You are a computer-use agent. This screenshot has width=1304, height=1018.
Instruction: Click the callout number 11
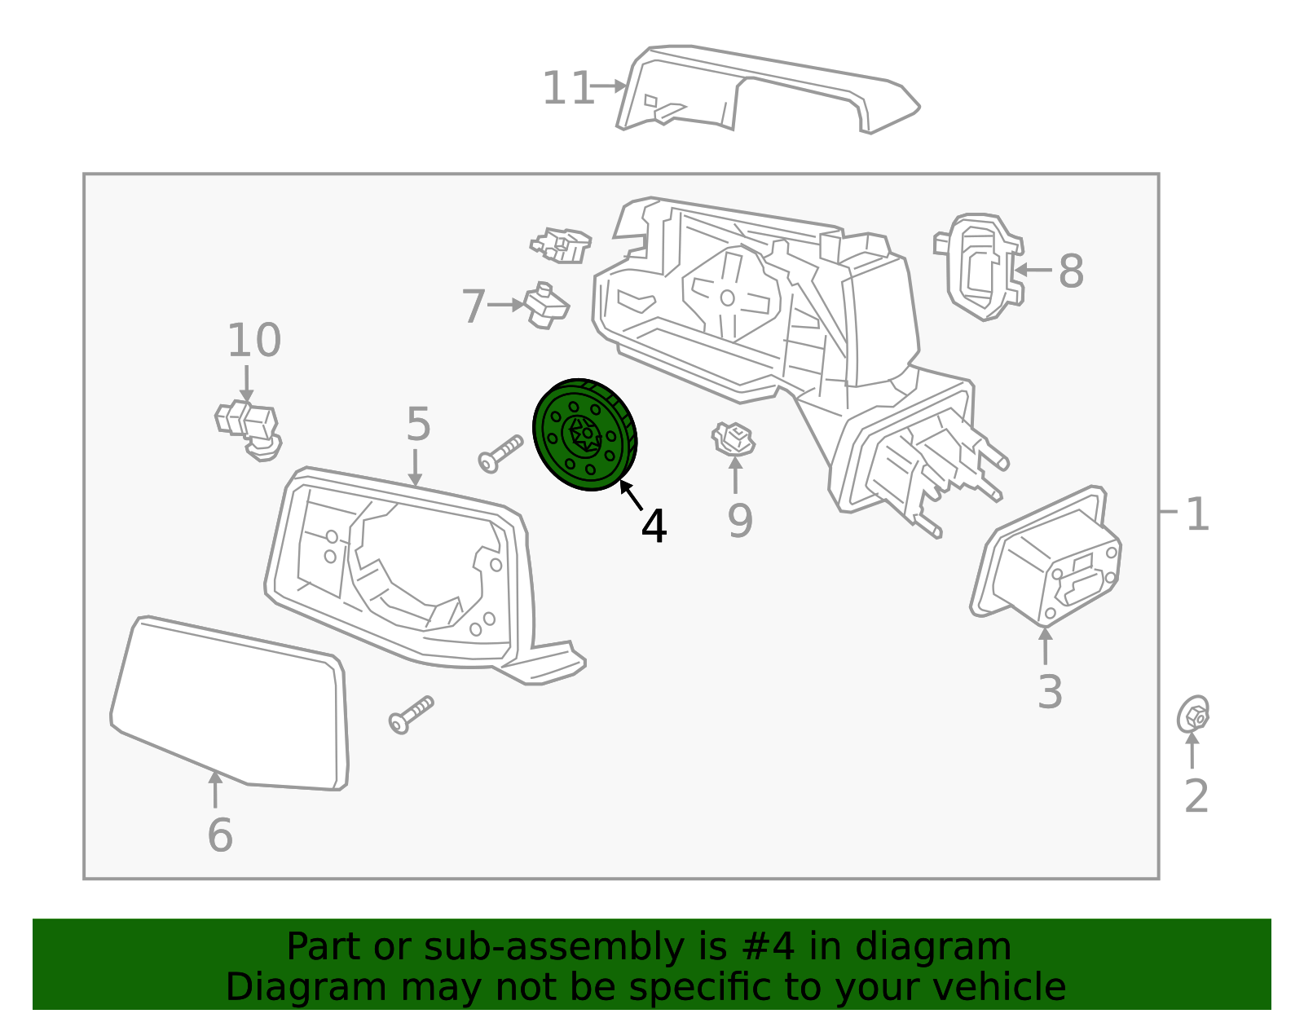(568, 88)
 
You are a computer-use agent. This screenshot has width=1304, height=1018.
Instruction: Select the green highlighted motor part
(584, 434)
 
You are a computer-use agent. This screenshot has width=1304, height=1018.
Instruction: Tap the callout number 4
(654, 527)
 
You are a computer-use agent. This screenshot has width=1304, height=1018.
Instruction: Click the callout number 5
(418, 425)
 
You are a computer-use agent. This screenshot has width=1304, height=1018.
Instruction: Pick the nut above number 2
(1194, 716)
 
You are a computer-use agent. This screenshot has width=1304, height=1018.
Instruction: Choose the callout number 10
(254, 340)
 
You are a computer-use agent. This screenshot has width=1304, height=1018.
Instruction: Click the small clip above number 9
(733, 439)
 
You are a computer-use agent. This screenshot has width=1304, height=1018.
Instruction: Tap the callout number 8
(1071, 271)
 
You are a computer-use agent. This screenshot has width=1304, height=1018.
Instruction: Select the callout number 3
(1050, 692)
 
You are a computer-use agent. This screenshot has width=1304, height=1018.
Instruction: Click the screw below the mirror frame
(411, 715)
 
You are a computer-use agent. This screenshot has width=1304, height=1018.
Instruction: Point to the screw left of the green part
(500, 453)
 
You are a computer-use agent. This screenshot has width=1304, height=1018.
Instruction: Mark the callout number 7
(474, 306)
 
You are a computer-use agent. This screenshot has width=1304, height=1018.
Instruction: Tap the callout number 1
(1196, 515)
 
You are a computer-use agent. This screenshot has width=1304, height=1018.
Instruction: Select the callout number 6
(220, 835)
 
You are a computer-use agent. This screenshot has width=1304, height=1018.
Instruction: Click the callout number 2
(1196, 796)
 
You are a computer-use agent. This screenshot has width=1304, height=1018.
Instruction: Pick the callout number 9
(740, 522)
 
